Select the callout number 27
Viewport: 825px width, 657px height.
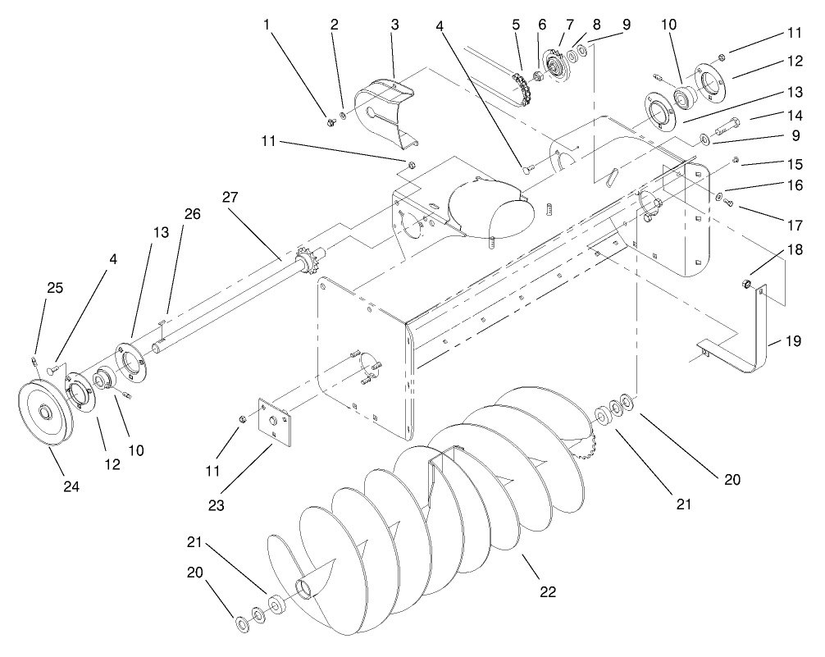pos(229,198)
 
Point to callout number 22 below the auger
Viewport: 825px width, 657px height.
pos(549,591)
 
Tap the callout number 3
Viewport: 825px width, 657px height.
pos(394,25)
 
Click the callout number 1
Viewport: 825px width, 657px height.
pos(267,25)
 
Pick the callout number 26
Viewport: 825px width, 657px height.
pos(191,215)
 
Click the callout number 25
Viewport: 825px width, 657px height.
pos(31,289)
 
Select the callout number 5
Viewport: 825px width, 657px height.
pos(516,25)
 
